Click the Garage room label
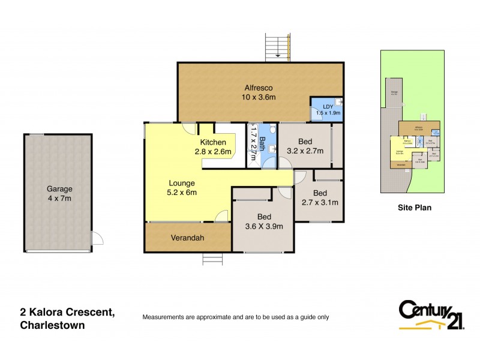[x=59, y=188]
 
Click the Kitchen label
[x=213, y=142]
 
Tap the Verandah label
[x=187, y=238]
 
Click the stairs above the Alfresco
[x=278, y=47]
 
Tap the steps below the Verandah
[x=212, y=259]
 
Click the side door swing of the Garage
[x=97, y=239]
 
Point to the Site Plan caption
[x=415, y=208]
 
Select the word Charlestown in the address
[x=51, y=325]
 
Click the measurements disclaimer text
[x=235, y=317]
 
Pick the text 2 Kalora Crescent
[x=66, y=312]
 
